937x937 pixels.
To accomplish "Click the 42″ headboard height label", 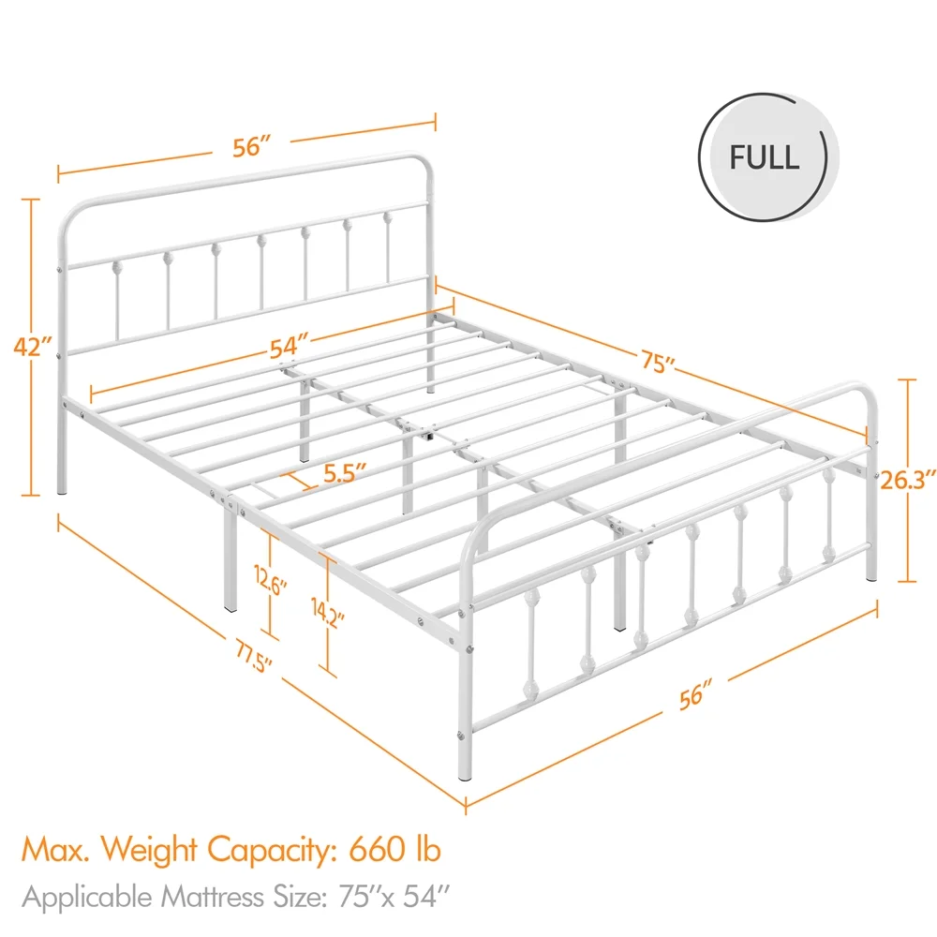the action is point(32,347).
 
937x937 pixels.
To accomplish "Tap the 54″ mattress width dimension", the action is point(289,348).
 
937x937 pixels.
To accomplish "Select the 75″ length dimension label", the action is point(658,362).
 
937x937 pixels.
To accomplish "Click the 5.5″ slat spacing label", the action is point(345,472).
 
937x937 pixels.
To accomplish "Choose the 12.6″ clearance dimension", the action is point(272,581).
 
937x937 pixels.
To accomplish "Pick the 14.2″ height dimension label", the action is point(328,612).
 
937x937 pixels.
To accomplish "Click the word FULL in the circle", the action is point(764,157).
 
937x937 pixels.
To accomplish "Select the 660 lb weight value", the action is point(394,849).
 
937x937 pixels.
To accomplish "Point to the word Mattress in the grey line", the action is point(213,897).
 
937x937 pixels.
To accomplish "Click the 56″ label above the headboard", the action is point(251,147).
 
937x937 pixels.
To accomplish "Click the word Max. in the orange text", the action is point(55,849).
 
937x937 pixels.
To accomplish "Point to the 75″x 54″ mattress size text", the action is point(394,897).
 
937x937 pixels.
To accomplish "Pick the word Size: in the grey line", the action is point(300,897).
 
